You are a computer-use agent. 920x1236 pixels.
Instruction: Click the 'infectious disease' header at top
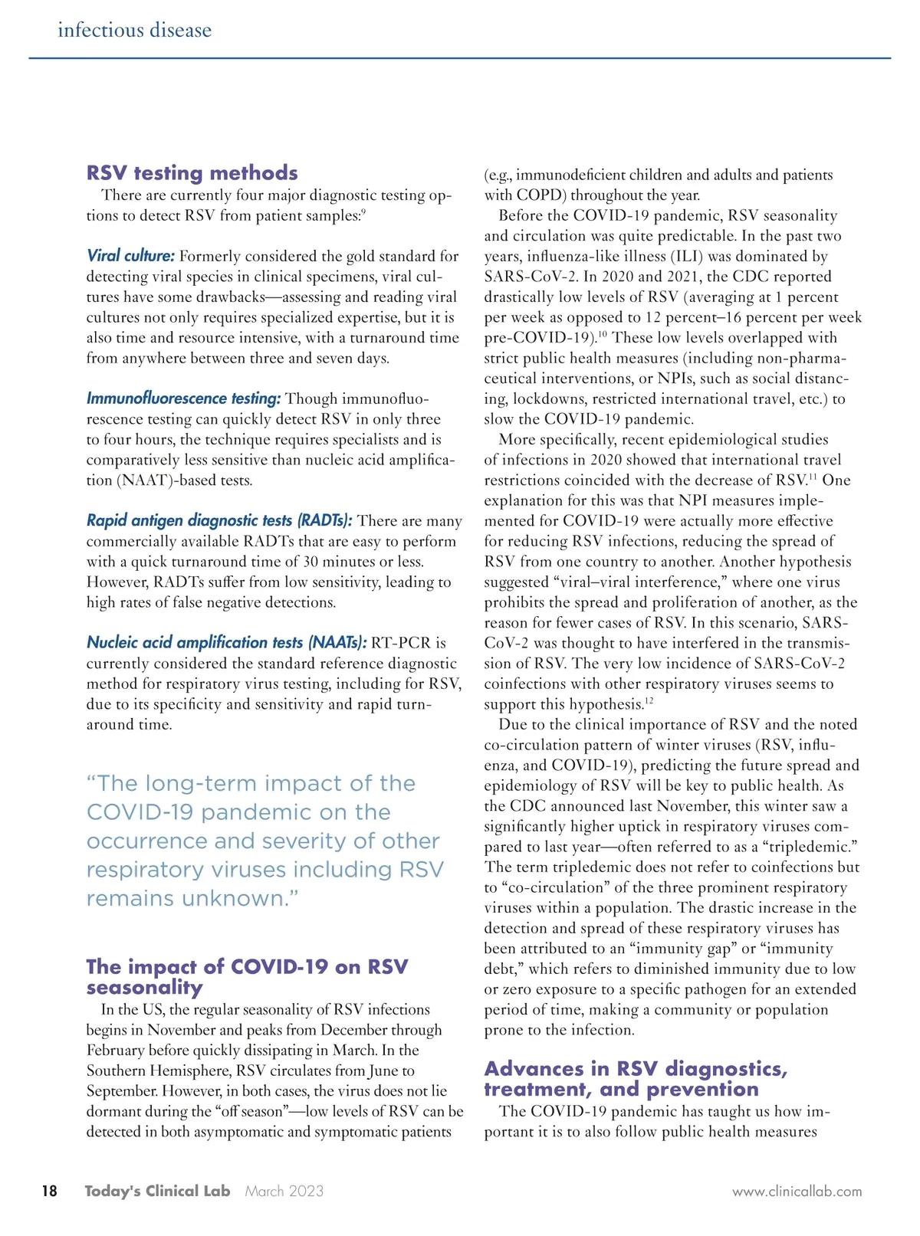click(x=134, y=31)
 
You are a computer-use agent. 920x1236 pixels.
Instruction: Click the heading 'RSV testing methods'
click(x=192, y=172)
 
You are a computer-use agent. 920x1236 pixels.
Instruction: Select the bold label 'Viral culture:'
click(x=130, y=256)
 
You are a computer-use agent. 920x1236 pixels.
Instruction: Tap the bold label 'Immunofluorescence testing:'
click(x=183, y=398)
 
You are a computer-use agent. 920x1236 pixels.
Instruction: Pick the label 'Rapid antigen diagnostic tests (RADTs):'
click(x=219, y=521)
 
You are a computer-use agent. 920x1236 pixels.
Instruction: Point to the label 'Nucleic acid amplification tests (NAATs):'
click(x=227, y=642)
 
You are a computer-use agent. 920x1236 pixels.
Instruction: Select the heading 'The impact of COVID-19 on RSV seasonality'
click(x=247, y=976)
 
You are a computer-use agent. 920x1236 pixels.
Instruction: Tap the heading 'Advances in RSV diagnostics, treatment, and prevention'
click(x=636, y=1079)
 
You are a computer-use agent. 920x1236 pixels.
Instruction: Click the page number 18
click(x=49, y=1191)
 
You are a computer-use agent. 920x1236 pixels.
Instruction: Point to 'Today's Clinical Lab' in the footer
click(x=157, y=1191)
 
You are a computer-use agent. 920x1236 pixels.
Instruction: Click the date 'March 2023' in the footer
click(x=284, y=1191)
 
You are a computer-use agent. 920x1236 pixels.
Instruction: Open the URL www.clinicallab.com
click(x=797, y=1192)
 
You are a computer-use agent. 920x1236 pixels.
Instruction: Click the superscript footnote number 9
click(x=363, y=211)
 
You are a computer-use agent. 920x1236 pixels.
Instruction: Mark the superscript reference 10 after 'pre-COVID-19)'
click(x=603, y=334)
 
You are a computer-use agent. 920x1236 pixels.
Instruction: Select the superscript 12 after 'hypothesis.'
click(x=649, y=700)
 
